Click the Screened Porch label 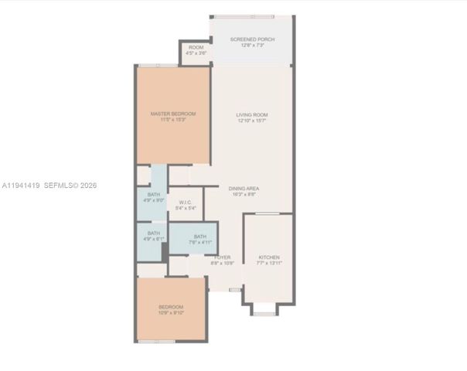[x=252, y=39]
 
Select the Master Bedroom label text [x=172, y=114]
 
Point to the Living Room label [x=252, y=115]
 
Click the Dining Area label [x=244, y=188]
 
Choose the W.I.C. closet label [x=186, y=203]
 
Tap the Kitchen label [x=268, y=257]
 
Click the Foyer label [x=223, y=257]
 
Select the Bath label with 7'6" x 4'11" [x=200, y=237]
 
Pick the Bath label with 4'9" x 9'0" [x=155, y=194]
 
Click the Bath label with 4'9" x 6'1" [x=154, y=233]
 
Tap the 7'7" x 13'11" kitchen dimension [x=268, y=264]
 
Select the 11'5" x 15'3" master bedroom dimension [x=172, y=120]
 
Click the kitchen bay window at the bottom [x=264, y=312]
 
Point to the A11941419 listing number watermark [x=20, y=185]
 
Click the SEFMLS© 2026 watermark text [x=71, y=185]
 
